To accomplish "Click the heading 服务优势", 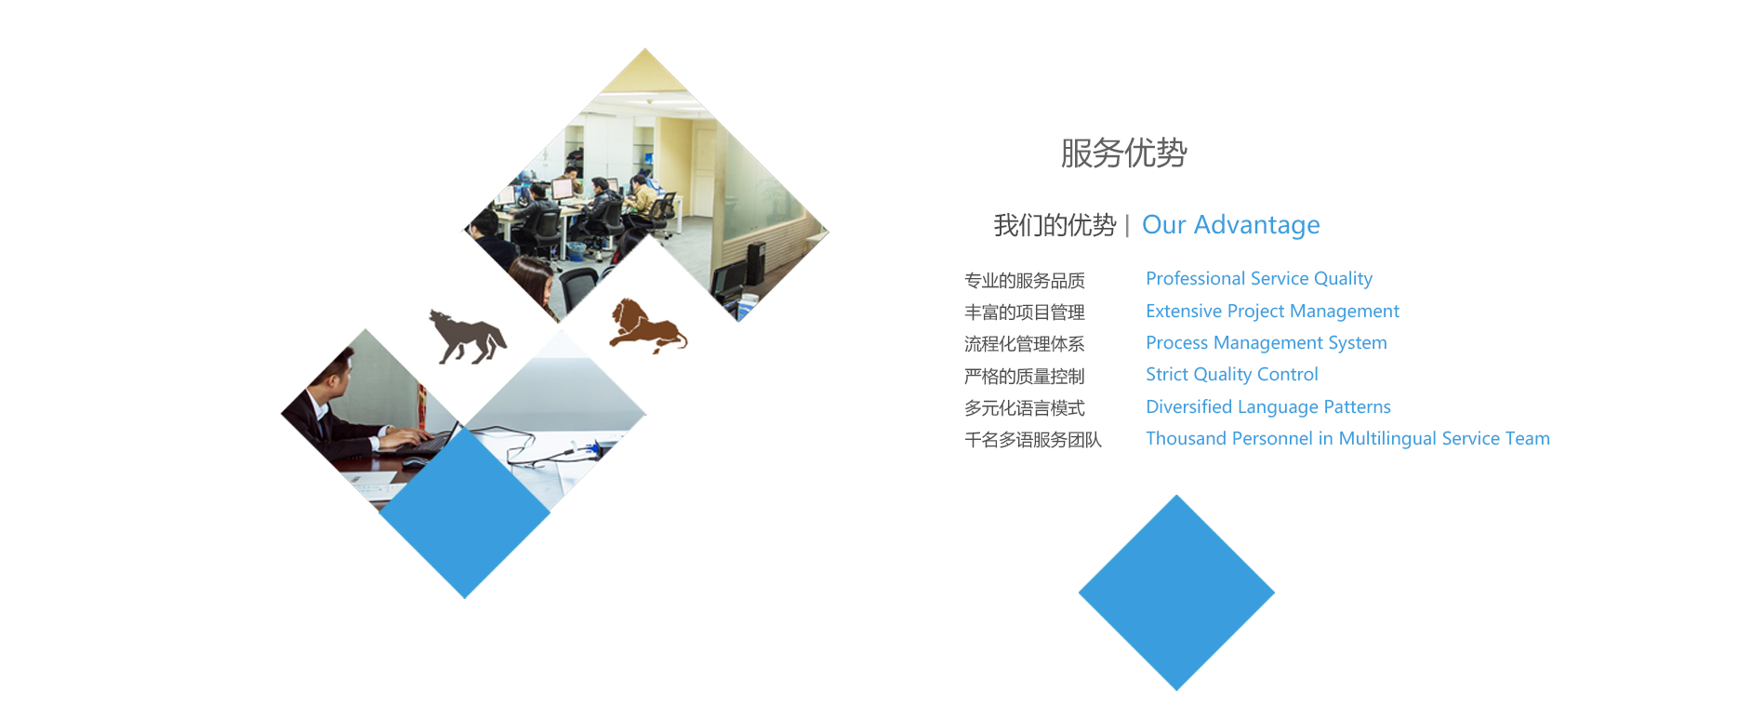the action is [1123, 153].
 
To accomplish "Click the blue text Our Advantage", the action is [1230, 225].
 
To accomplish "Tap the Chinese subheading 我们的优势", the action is [1055, 225].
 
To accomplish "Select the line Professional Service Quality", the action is [1258, 279].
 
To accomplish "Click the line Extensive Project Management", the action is [1272, 312].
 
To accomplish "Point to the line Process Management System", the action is [1266, 343].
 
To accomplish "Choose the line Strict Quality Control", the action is [1231, 375].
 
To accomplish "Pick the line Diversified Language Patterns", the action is [1268, 407].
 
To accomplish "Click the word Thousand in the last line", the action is [1186, 439].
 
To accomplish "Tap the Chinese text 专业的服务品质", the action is [1025, 281].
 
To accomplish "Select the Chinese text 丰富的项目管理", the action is [1025, 312].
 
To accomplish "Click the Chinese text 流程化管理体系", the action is [1025, 344].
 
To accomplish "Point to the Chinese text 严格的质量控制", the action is [1025, 377].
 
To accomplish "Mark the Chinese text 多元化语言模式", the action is [1025, 408].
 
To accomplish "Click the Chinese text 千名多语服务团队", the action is [1033, 440].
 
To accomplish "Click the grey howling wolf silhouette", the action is [468, 337].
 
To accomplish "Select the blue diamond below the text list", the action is [1176, 592].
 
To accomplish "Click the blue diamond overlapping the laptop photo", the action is [465, 512].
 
